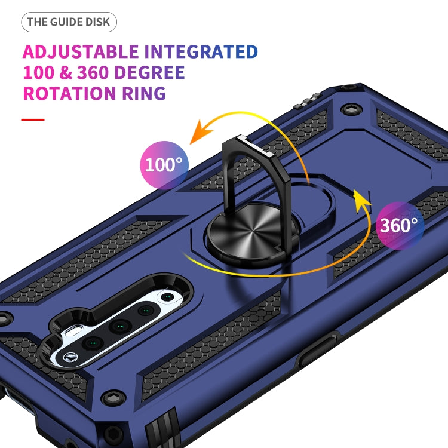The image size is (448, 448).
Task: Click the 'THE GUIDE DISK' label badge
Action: (x=69, y=23)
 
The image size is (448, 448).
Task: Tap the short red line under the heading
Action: (x=33, y=119)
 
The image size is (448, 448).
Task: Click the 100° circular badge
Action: (x=164, y=165)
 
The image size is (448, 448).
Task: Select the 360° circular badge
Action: (x=400, y=225)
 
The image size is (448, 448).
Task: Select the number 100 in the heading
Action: (x=42, y=73)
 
